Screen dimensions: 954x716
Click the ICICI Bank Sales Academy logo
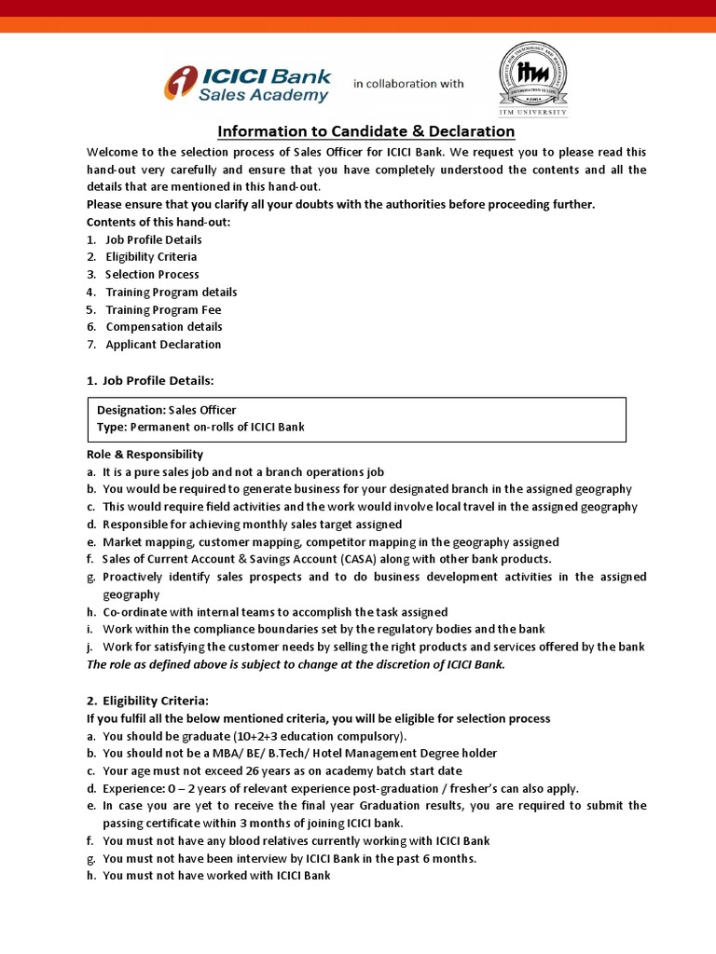click(x=247, y=84)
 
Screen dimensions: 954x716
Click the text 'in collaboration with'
click(x=407, y=84)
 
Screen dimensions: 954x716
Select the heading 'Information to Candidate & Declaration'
click(x=366, y=131)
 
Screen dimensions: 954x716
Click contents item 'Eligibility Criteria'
click(x=151, y=257)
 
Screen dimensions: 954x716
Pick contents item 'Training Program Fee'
click(x=163, y=309)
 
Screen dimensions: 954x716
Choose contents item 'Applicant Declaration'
click(x=163, y=345)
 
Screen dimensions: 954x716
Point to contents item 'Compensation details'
click(x=164, y=327)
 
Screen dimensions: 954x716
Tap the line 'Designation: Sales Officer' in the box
click(x=167, y=410)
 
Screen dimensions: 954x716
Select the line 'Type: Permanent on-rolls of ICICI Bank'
click(x=200, y=427)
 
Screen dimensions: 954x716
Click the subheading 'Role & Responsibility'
click(x=145, y=455)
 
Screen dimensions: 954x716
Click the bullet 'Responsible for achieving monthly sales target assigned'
click(x=253, y=525)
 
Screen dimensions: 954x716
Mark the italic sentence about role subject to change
click(x=296, y=664)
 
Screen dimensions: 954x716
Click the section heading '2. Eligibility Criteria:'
click(x=148, y=701)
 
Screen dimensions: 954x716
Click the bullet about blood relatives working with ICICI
click(x=296, y=840)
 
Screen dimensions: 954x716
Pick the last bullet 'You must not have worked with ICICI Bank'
click(x=216, y=876)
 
